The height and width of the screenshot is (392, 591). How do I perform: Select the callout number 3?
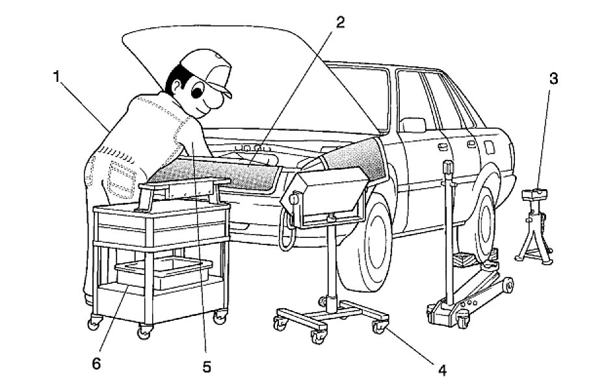click(553, 79)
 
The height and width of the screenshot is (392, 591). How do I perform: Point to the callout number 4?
click(441, 371)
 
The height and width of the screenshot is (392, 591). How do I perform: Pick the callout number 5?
click(207, 367)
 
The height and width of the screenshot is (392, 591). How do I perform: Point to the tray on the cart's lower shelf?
click(163, 273)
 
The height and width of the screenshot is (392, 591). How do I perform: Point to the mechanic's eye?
click(198, 92)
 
